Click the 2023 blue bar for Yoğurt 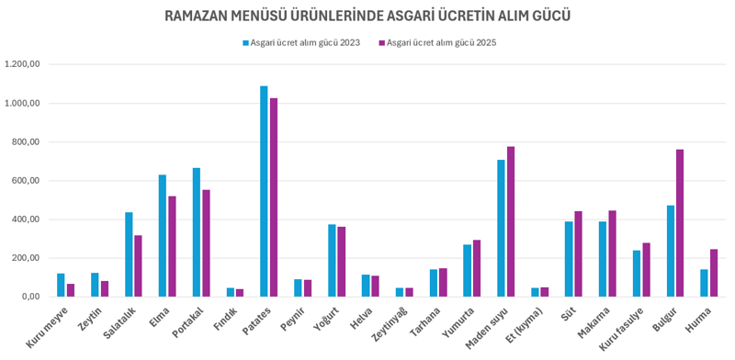[x=332, y=261]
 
